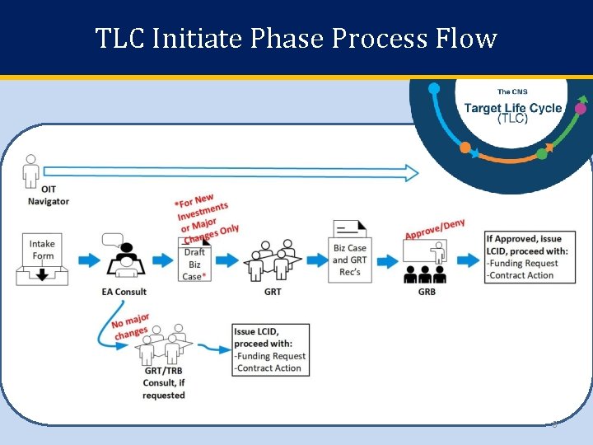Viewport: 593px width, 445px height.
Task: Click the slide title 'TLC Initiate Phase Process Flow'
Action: tap(296, 38)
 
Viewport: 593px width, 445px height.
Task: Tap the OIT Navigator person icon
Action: tap(31, 171)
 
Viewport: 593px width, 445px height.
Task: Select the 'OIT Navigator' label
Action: tap(49, 196)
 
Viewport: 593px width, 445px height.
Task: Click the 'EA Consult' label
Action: tap(125, 292)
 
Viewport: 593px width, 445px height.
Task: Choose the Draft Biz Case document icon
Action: tap(194, 259)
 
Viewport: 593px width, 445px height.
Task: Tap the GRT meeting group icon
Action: tap(272, 260)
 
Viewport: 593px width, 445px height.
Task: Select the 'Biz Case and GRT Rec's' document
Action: tap(349, 254)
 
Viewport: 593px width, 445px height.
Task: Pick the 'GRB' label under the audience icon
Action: tap(426, 292)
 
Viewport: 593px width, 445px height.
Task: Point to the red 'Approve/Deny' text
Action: tap(435, 229)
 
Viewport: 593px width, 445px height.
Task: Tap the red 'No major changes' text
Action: tap(132, 325)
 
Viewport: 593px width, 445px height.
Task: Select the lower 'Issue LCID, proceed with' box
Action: tap(269, 350)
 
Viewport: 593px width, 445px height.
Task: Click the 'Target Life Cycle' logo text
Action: tap(512, 109)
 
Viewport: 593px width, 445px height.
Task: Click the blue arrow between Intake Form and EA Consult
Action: tap(85, 260)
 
